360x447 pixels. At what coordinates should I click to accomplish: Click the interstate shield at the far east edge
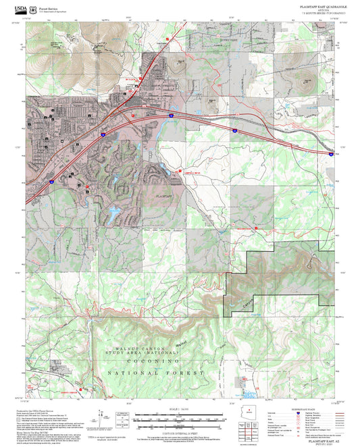330,154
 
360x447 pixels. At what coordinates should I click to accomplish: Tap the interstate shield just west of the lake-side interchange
103,135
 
